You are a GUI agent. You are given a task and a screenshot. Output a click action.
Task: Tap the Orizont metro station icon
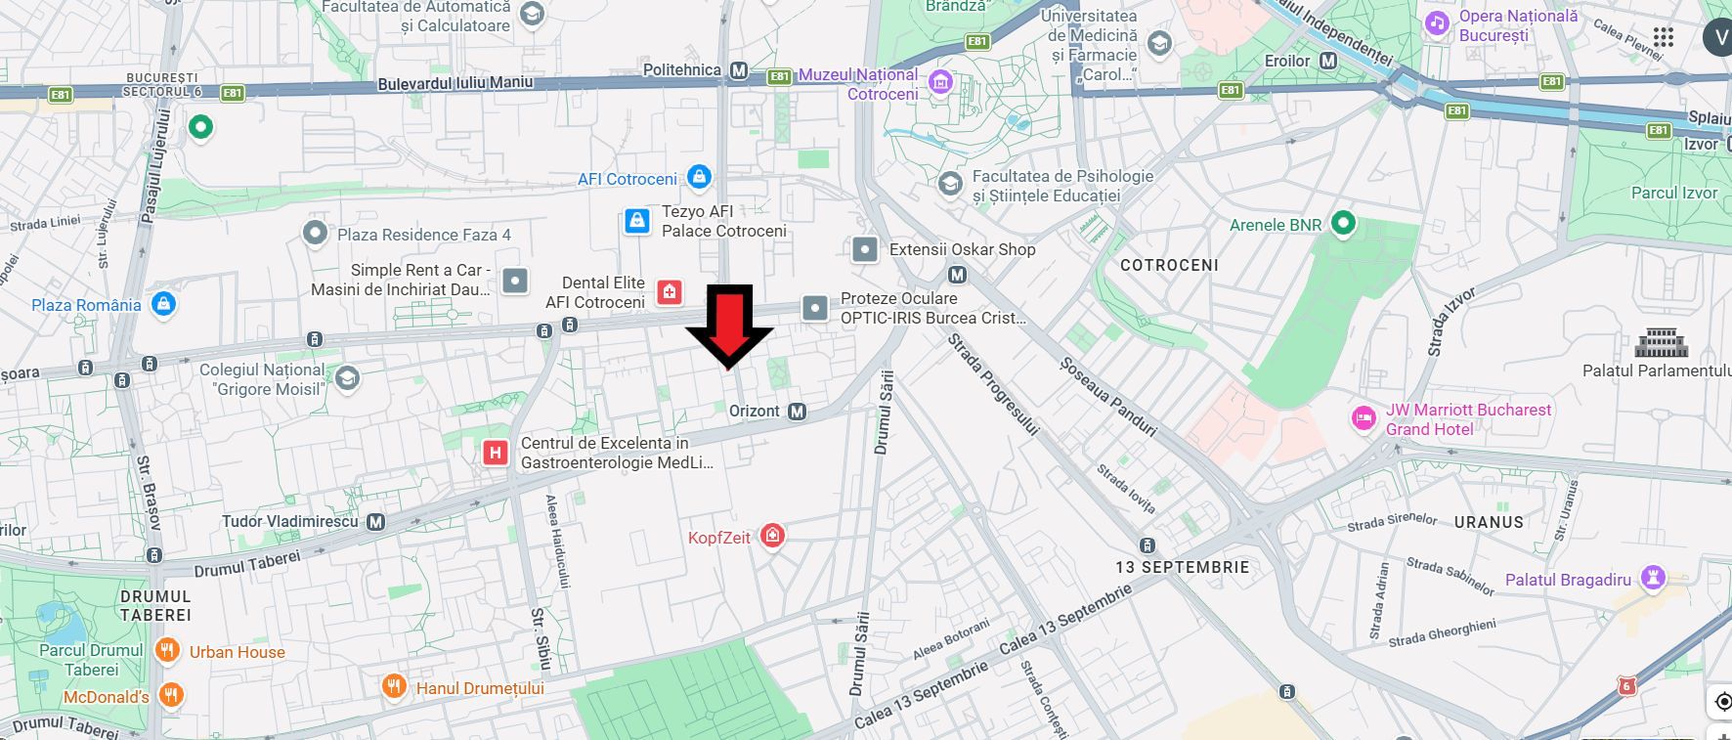[x=798, y=412]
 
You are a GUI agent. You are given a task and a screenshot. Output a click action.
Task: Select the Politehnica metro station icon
[x=739, y=70]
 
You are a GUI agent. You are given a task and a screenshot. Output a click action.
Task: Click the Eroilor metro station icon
[x=1328, y=61]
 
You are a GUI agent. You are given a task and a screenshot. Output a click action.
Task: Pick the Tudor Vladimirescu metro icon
[x=375, y=522]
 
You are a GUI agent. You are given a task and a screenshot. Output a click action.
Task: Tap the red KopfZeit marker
[x=773, y=536]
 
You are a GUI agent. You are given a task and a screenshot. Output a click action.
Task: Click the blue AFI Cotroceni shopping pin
[x=698, y=177]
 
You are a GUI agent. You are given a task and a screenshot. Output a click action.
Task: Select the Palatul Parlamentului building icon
[x=1662, y=343]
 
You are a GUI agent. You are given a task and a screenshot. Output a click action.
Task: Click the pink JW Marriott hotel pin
[x=1364, y=418]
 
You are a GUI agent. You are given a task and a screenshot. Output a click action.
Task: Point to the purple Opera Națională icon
[x=1437, y=23]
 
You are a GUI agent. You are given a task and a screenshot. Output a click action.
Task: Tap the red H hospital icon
[x=496, y=453]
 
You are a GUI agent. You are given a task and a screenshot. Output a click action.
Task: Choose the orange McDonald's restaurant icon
[x=171, y=696]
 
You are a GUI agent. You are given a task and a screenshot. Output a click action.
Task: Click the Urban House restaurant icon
[x=167, y=650]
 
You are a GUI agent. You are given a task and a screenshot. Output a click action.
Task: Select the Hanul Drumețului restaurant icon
[x=394, y=686]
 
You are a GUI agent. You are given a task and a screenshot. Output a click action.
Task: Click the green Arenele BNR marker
[x=1344, y=223]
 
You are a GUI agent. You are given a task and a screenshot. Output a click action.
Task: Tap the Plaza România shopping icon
[x=163, y=303]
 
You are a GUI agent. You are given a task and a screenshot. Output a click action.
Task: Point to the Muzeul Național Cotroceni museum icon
[x=940, y=82]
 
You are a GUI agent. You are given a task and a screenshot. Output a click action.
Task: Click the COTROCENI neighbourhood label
[x=1169, y=265]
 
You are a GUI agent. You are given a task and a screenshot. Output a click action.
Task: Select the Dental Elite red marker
[x=669, y=291]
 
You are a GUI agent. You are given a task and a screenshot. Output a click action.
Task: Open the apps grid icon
[x=1664, y=37]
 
